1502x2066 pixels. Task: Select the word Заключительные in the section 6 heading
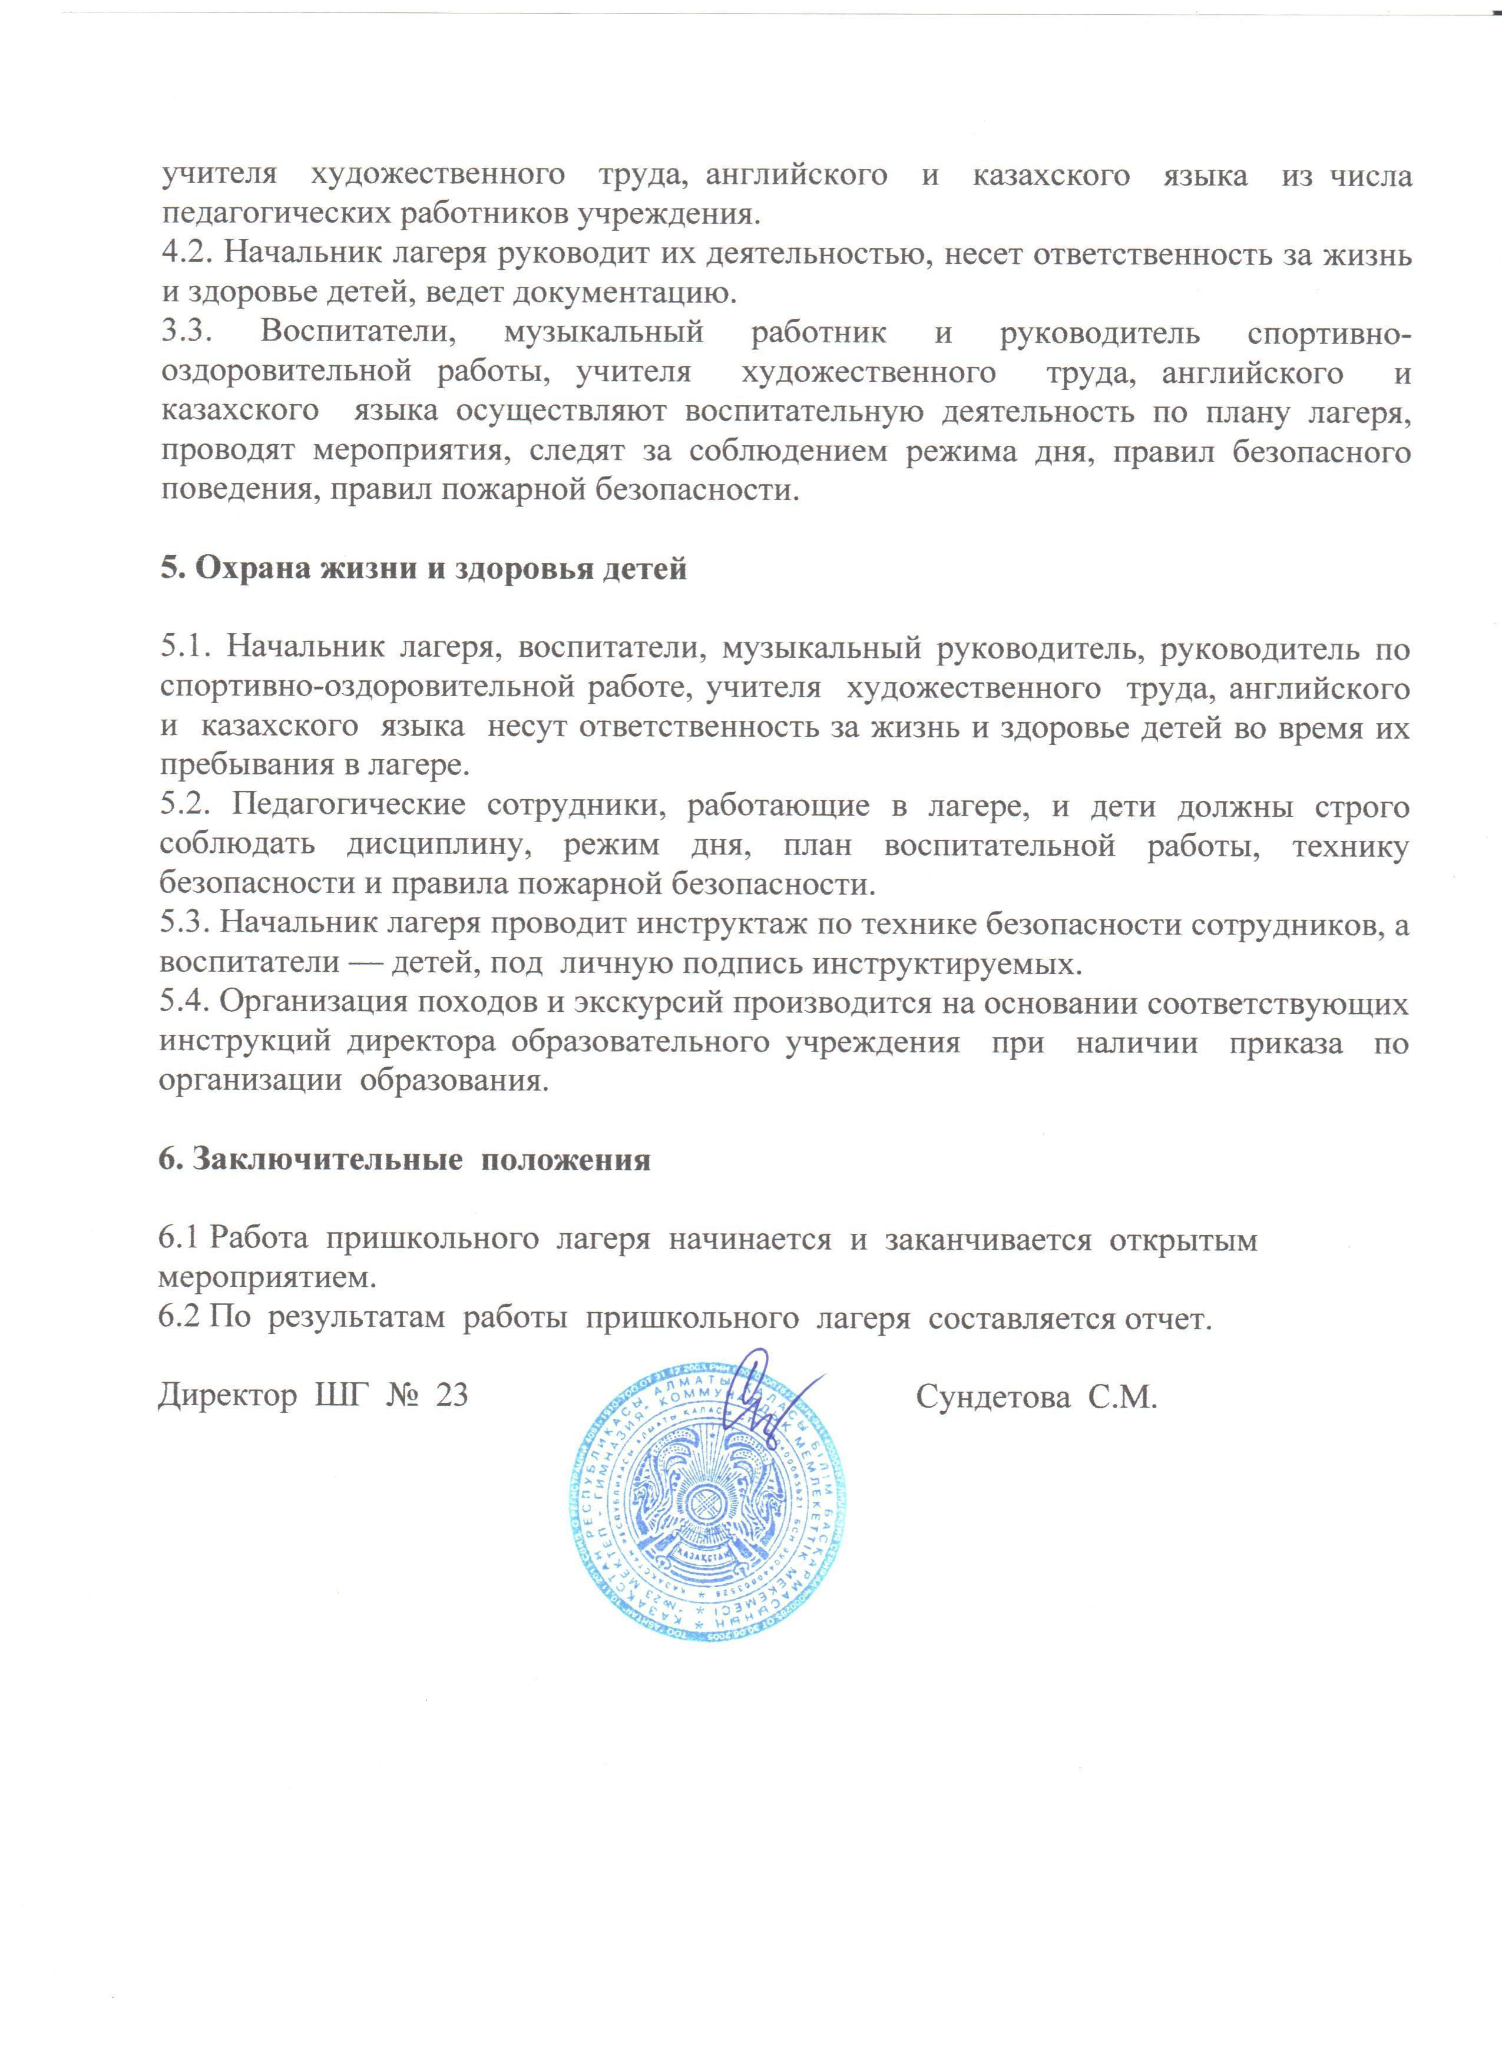[x=320, y=1161]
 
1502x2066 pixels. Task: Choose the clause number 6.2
[x=180, y=1320]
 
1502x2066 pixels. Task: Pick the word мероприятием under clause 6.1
[x=266, y=1279]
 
